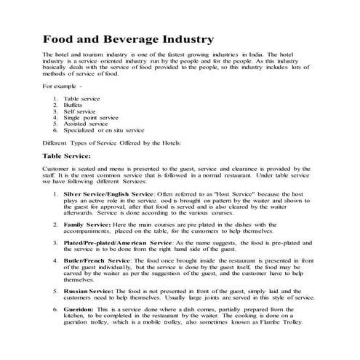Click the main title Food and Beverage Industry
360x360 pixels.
tap(127, 37)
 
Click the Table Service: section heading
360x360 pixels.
tap(72, 156)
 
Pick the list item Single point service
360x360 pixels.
tap(90, 118)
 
